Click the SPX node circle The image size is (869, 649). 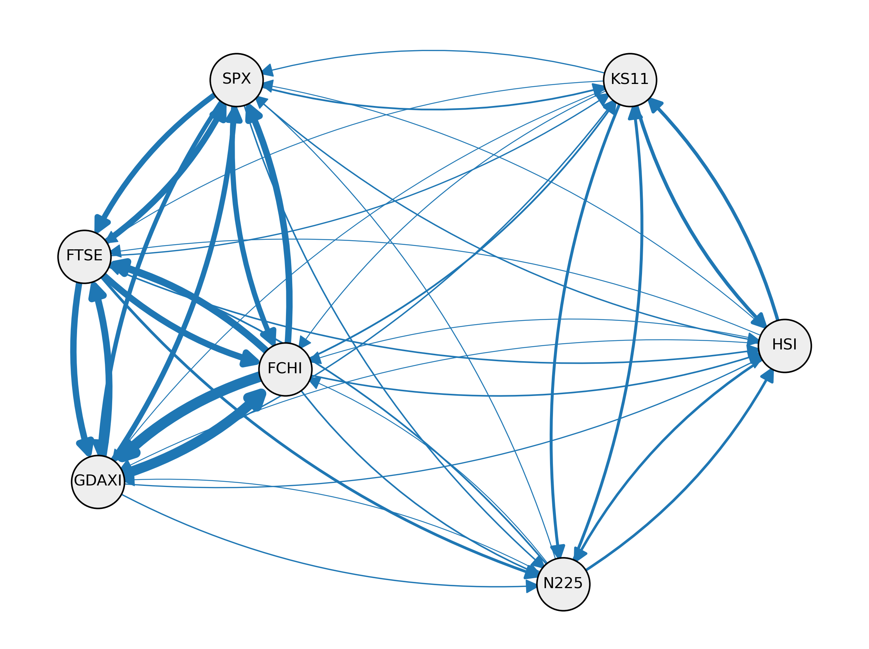(x=236, y=80)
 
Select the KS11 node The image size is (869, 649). (x=630, y=80)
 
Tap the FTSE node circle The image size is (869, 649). (x=84, y=257)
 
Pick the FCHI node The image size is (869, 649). (x=285, y=369)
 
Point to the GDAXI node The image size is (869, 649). (x=98, y=482)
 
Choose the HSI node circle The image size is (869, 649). (x=785, y=346)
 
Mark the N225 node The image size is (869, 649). (x=563, y=584)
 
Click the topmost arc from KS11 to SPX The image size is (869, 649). (x=432, y=51)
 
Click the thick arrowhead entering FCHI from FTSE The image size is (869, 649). (x=248, y=358)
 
